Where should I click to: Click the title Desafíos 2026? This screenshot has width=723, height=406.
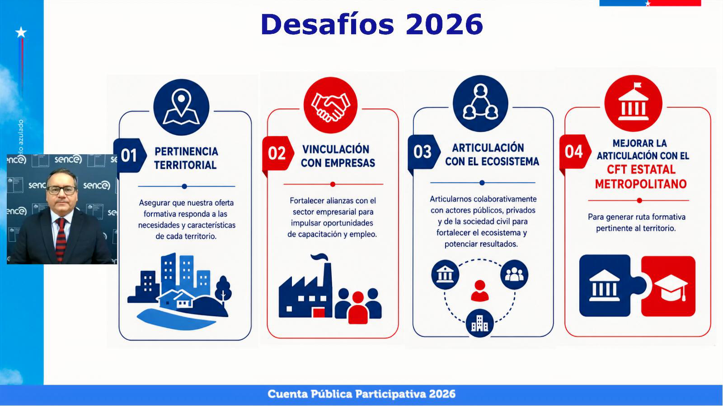coord(371,24)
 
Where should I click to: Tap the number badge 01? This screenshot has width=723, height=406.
coord(130,155)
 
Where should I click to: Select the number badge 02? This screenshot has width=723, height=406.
coord(277,153)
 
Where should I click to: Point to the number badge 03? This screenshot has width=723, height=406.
coord(423,152)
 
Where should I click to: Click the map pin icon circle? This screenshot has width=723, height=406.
coord(181,107)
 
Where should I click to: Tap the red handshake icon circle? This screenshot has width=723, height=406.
coord(330,105)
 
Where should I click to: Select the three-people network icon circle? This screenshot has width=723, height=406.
coord(481,103)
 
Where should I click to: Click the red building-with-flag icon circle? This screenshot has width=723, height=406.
coord(633,103)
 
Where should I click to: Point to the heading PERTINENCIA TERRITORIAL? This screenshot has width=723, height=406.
coord(186,158)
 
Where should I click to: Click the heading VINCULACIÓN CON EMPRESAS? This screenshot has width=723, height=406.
coord(338,156)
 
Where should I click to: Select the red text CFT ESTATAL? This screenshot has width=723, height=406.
coord(641,170)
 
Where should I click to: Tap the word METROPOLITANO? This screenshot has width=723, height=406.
coord(641,184)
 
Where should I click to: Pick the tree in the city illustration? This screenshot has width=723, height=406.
coord(223,289)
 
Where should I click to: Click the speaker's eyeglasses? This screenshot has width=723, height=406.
coord(61,190)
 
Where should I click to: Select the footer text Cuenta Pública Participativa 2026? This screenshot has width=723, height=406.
coord(361,394)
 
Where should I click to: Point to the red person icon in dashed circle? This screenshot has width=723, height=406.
coord(479,291)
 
